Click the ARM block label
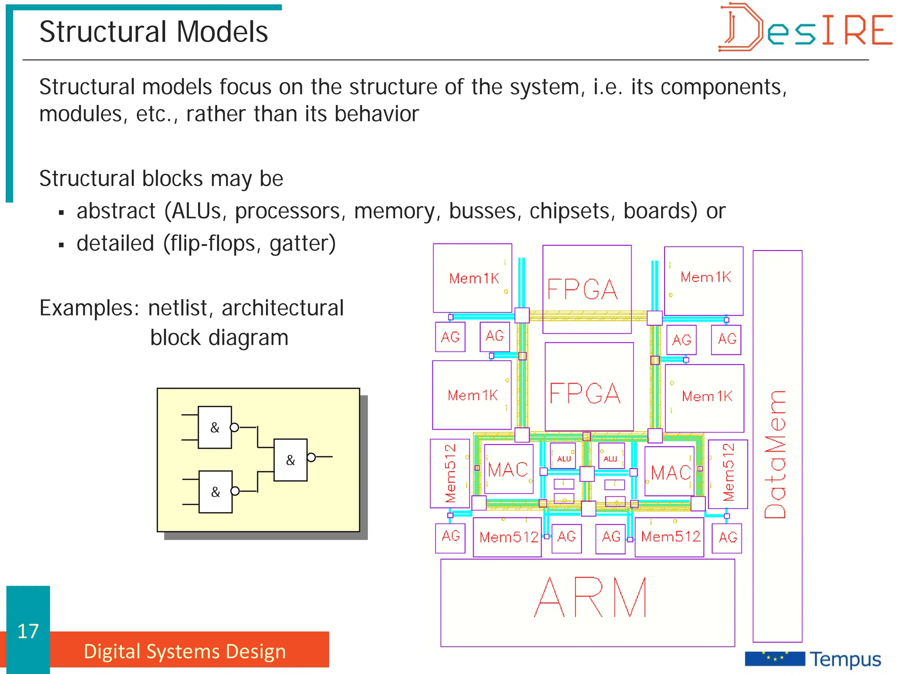590,598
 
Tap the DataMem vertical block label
776,454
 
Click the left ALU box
564,457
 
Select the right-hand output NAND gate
290,460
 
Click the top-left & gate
215,427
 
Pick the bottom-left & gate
216,492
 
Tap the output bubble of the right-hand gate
311,458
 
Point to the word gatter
302,244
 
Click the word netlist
181,308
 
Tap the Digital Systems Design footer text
185,651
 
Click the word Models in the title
222,32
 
